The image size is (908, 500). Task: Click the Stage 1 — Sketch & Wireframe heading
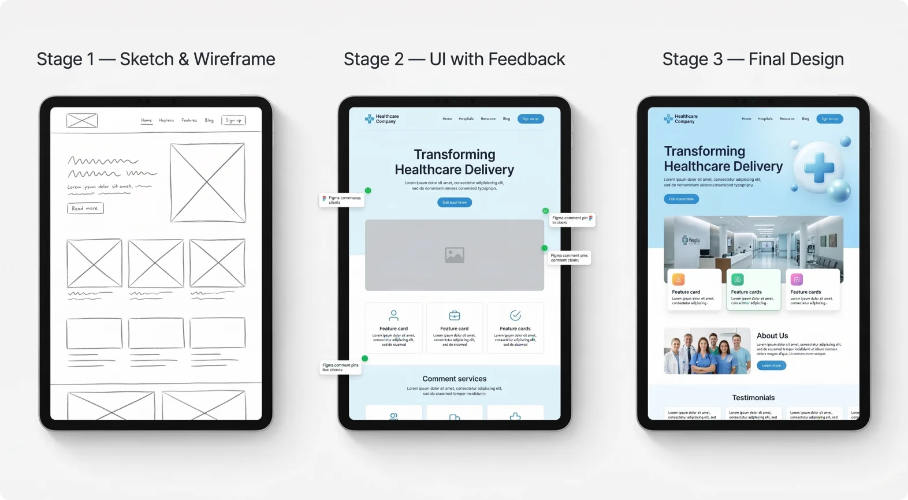(156, 59)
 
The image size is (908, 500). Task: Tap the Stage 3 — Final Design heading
(753, 59)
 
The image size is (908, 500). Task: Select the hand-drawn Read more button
(85, 208)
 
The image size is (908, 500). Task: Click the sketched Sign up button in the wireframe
(233, 120)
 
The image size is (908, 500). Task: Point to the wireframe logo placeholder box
(82, 120)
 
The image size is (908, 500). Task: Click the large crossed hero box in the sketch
(207, 182)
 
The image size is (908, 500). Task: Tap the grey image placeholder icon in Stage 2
(455, 255)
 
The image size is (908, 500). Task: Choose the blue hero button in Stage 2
(455, 203)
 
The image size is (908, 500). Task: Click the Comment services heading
(455, 379)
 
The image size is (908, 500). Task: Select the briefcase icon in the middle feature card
(455, 315)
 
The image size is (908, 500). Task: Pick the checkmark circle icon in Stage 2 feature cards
(515, 315)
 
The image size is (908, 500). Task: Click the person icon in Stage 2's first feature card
(393, 315)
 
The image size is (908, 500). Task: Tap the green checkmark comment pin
(545, 211)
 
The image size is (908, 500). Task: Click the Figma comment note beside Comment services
(340, 367)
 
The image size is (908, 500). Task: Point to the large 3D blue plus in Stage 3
(819, 168)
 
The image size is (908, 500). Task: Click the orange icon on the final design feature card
(679, 279)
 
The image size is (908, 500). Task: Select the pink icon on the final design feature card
(797, 279)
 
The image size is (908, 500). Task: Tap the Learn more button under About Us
(771, 365)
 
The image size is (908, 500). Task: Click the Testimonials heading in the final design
(753, 398)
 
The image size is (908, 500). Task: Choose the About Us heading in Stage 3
(772, 335)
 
